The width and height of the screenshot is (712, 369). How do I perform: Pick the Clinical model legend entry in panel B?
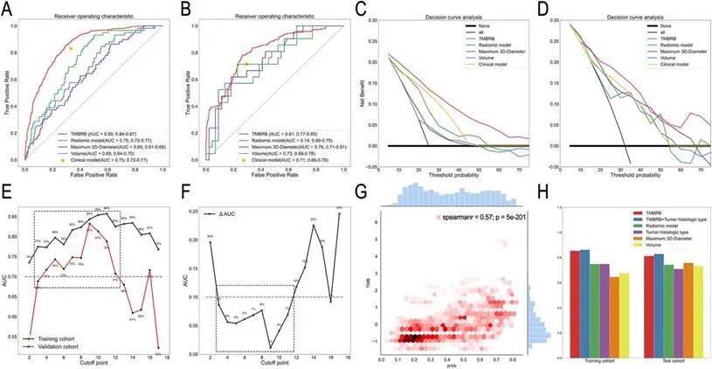(x=284, y=162)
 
